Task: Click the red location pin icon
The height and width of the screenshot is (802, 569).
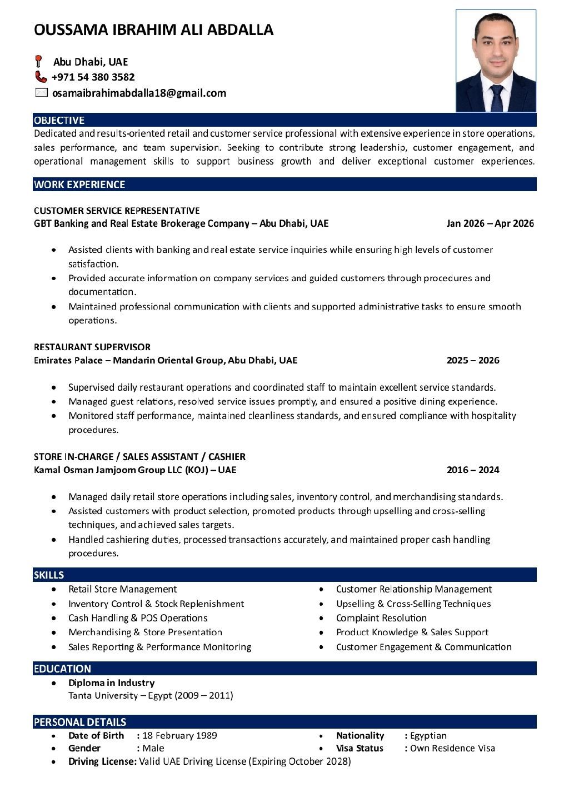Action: [38, 61]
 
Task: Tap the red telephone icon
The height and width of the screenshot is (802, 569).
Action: [41, 77]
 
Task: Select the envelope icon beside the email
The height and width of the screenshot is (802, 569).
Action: [41, 93]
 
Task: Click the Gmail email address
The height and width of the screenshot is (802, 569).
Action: [139, 93]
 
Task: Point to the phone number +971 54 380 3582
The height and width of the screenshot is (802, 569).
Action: [93, 77]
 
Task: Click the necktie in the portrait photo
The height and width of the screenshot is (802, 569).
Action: [496, 98]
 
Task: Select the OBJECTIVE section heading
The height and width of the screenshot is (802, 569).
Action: [59, 120]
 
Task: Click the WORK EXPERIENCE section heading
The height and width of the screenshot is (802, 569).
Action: [79, 185]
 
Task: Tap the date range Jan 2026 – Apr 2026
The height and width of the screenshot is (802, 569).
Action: [490, 223]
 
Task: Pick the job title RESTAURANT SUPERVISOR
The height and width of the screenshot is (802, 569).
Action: [92, 347]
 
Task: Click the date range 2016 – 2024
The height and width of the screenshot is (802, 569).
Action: [472, 470]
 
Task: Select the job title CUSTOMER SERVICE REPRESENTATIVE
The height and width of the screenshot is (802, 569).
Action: [117, 211]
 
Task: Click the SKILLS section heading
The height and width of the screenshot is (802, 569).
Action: [49, 575]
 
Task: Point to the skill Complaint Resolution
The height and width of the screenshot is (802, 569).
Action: [381, 618]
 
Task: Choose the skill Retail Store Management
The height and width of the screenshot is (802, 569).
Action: [122, 589]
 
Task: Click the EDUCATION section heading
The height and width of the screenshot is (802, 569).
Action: [62, 669]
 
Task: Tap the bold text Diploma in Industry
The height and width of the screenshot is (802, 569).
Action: [111, 683]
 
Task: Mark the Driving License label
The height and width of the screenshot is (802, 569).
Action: [102, 761]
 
